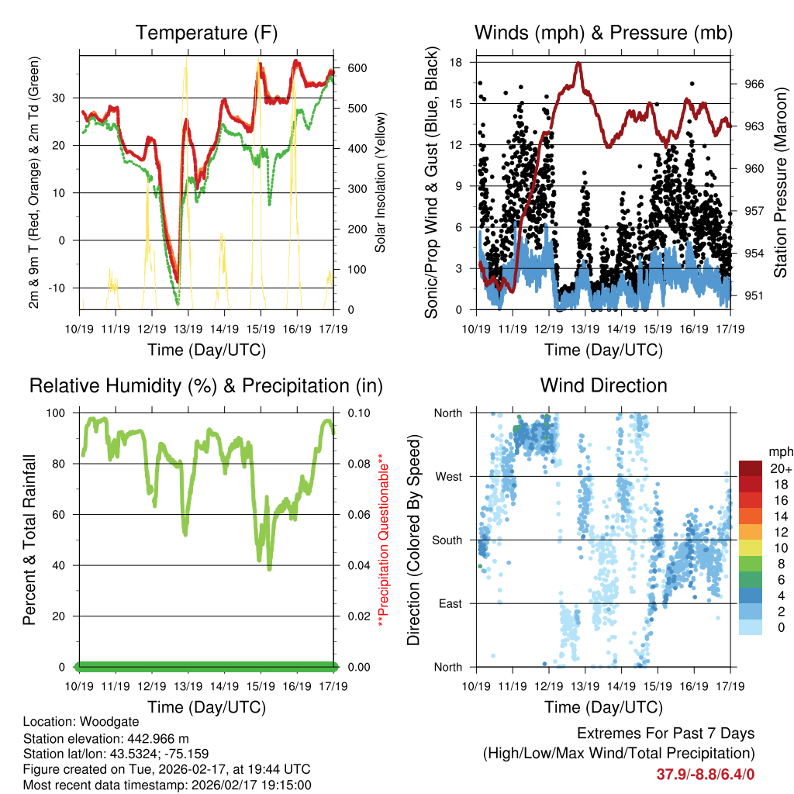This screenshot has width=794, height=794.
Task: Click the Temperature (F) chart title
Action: click(x=206, y=33)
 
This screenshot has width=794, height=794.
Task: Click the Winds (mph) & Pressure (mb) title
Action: click(x=603, y=33)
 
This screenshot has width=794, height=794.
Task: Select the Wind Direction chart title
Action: click(x=603, y=385)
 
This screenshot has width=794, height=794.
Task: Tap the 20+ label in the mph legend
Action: click(x=780, y=468)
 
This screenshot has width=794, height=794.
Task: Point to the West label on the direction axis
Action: click(x=448, y=476)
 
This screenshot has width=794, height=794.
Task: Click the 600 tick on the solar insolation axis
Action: click(x=357, y=68)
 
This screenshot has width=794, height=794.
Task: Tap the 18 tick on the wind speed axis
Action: click(x=457, y=62)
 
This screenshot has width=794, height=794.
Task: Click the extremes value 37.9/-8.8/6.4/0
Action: click(x=706, y=774)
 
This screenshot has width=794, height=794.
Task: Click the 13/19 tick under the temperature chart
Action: click(x=188, y=328)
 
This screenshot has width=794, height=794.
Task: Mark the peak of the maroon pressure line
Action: click(x=578, y=64)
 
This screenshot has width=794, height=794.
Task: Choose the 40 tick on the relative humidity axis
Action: click(x=65, y=565)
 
